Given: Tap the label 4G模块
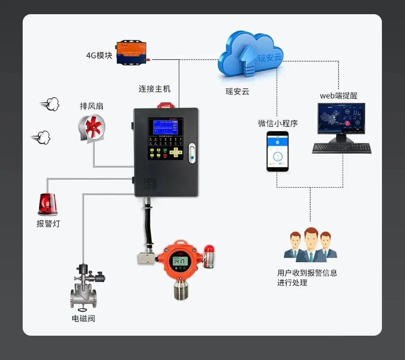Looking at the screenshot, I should [99, 55].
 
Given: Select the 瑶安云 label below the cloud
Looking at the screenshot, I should [237, 92].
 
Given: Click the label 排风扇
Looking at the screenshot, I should [92, 106].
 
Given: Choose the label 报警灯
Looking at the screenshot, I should [48, 223].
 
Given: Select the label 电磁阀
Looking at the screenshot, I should [83, 319].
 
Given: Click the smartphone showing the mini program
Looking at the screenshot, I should [277, 151].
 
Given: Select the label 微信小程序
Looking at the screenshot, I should [278, 123].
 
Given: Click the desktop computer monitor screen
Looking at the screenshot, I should [341, 118].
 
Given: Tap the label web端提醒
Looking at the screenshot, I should [339, 96].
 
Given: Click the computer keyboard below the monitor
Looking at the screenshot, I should [341, 148].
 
